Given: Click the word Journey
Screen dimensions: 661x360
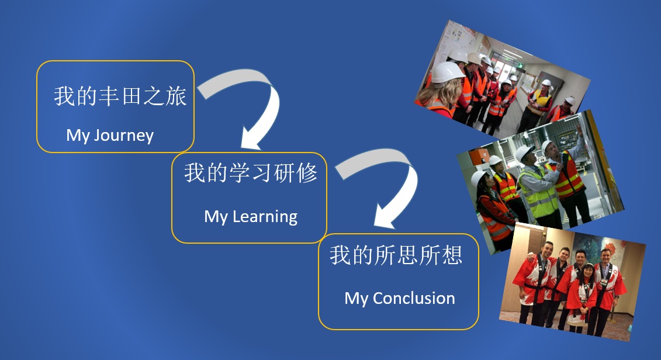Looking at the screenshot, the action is [x=123, y=136].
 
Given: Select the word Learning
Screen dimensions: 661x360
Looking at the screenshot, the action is [x=265, y=217].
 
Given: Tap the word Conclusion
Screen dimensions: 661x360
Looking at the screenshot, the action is [x=414, y=298].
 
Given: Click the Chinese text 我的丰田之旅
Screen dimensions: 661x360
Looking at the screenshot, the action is [x=120, y=96].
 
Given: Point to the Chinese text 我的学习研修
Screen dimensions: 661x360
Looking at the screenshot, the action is [x=250, y=173].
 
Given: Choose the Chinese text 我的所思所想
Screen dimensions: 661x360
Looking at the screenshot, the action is [x=396, y=255].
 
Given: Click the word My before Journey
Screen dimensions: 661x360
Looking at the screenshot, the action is [x=78, y=136].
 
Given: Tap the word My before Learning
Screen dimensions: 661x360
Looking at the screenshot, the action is [x=216, y=217].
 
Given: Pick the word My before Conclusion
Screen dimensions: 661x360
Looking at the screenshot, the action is [x=356, y=299].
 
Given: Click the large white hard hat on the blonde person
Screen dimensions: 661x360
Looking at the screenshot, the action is [x=448, y=72].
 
